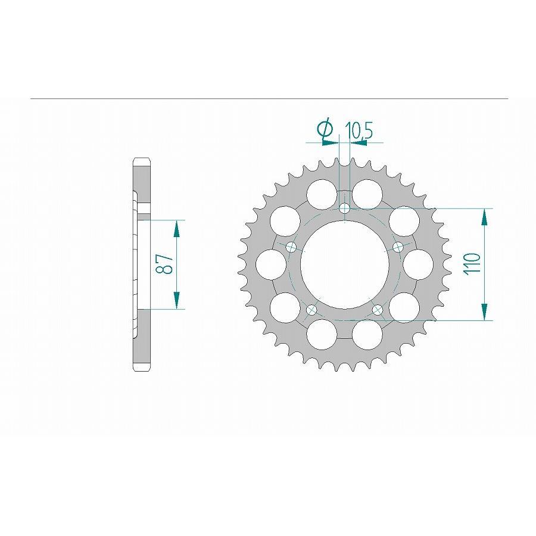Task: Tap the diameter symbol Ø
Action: pyautogui.click(x=325, y=131)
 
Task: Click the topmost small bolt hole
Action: pyautogui.click(x=345, y=208)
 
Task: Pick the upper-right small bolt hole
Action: pyautogui.click(x=398, y=247)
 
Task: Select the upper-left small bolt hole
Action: pyautogui.click(x=291, y=247)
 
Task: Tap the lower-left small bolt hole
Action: pyautogui.click(x=311, y=310)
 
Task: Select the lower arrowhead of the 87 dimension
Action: pyautogui.click(x=176, y=301)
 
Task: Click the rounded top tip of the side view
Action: pyautogui.click(x=142, y=160)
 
